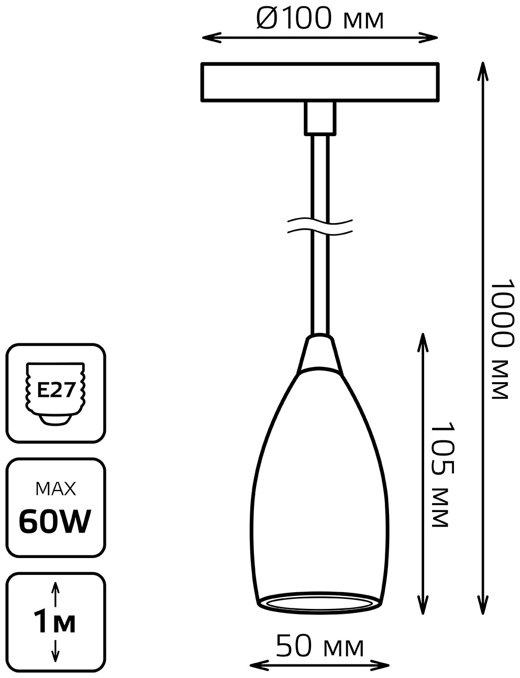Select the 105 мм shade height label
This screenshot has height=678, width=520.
442,474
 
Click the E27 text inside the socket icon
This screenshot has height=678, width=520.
57,390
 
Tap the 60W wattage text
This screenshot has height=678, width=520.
55,521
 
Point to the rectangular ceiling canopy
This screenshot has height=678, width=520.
320,82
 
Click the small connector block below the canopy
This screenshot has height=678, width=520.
320,118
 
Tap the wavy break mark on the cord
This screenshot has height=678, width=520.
320,227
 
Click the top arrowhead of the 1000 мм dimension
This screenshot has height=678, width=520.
483,71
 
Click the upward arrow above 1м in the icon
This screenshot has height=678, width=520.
55,592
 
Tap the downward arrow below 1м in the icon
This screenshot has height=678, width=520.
55,649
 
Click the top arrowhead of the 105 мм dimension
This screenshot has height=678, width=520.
423,342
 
